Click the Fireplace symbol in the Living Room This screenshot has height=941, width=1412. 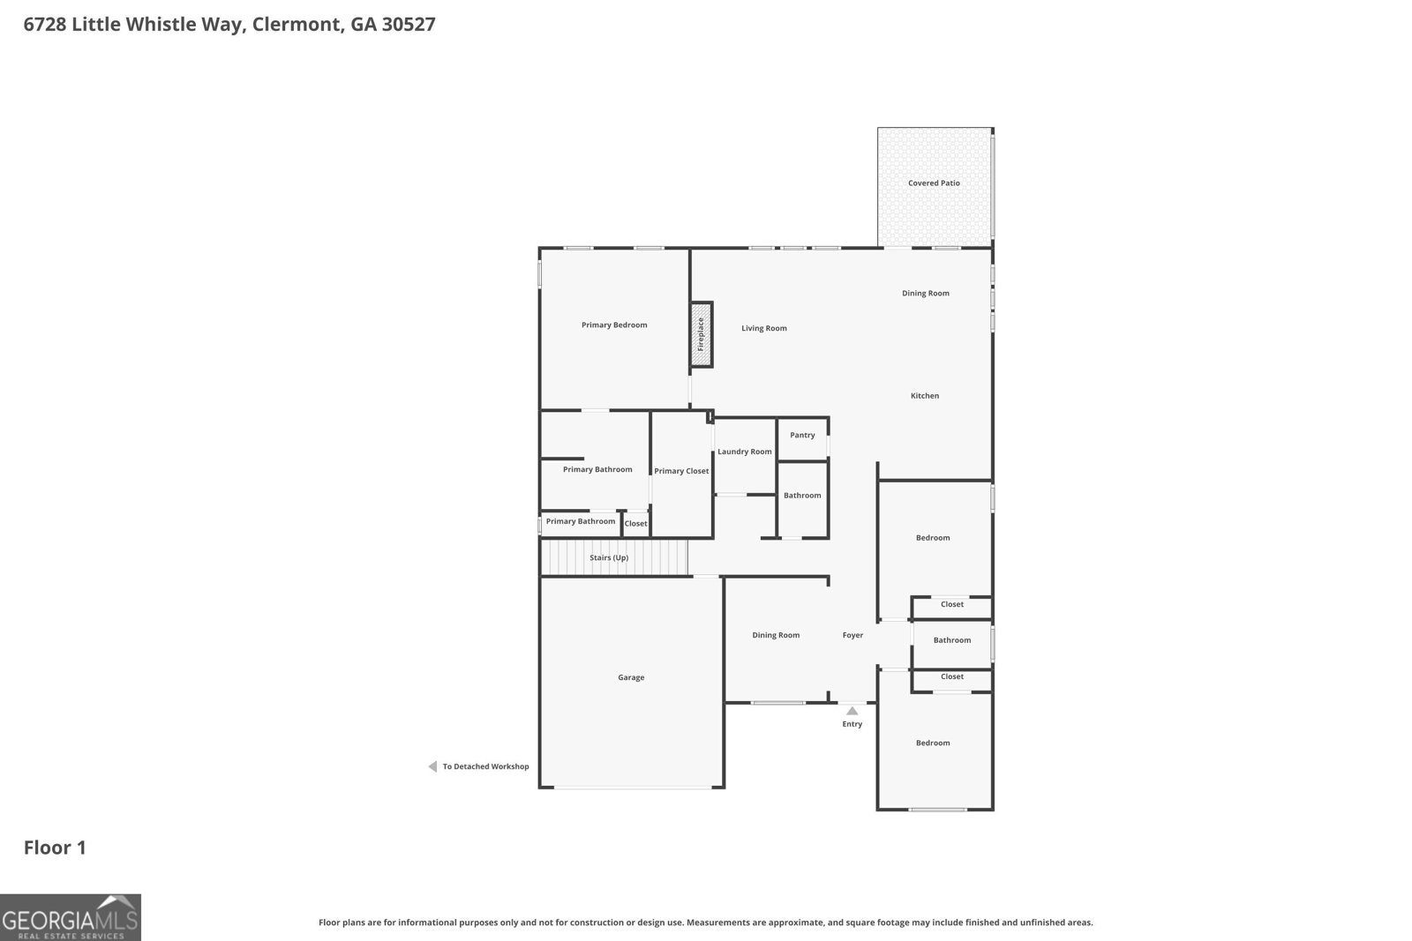point(702,334)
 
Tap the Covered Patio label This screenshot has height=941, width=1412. point(934,183)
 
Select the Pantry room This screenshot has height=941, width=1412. point(802,436)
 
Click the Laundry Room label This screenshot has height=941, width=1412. point(744,452)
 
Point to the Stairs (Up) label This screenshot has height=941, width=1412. point(609,558)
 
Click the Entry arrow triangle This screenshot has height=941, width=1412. point(852,711)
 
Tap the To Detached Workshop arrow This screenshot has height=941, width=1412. point(432,766)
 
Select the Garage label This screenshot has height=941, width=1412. point(631,677)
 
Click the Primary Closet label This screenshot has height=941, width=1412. point(681,471)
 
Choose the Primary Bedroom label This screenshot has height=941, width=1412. point(614,325)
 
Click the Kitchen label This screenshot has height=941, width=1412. point(925,396)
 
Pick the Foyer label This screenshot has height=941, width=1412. point(852,635)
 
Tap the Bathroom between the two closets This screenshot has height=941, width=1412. point(951,640)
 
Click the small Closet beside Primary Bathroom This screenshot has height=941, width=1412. point(635,524)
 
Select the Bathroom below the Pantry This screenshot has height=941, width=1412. point(802,496)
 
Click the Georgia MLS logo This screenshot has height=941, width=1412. point(70,917)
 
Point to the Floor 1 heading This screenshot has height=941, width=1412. point(55,848)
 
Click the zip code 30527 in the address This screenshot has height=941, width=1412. point(409,25)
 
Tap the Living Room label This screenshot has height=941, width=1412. point(763,328)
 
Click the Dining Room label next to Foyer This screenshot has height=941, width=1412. point(776,635)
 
